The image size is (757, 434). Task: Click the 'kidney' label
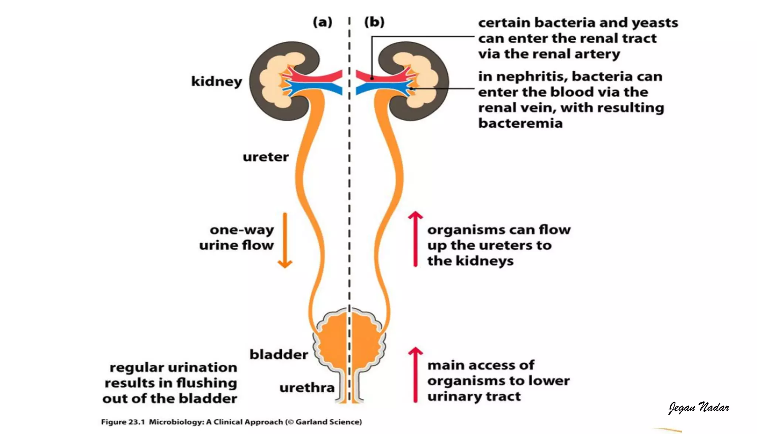(x=217, y=81)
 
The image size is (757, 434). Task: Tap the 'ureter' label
(x=265, y=157)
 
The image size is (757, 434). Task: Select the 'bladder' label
(x=279, y=354)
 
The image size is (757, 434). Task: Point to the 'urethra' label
(x=307, y=388)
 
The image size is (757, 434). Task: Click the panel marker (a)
(x=323, y=22)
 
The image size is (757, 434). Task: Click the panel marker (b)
(x=374, y=22)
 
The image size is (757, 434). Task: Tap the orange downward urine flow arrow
(x=285, y=240)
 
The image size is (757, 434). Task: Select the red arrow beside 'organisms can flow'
(x=415, y=239)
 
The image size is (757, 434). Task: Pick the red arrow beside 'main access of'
(x=415, y=374)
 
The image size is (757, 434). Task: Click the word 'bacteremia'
(x=520, y=123)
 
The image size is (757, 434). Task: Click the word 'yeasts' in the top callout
(x=655, y=23)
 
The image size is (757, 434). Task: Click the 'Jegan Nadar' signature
(x=699, y=407)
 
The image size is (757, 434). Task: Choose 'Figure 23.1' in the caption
(x=123, y=422)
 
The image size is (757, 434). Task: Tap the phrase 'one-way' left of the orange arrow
(x=242, y=230)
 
